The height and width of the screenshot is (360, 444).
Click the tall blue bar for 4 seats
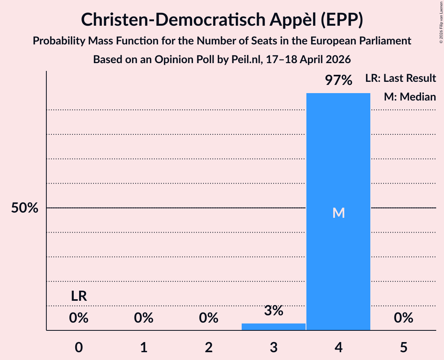[x=338, y=156]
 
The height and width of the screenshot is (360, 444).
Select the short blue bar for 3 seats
[x=273, y=326]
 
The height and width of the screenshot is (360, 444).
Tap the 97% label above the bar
[x=338, y=81]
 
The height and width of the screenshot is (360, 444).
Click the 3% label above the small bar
[x=273, y=311]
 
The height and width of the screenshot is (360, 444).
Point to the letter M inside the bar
[x=338, y=213]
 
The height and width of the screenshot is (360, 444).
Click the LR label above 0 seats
[x=79, y=296]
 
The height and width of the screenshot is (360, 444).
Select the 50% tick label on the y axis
[x=24, y=208]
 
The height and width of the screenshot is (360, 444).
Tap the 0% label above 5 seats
[x=403, y=318]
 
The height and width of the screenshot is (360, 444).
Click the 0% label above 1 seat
[x=143, y=318]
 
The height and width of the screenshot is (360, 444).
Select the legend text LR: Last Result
[x=400, y=78]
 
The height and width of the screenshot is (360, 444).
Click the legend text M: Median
[x=410, y=97]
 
